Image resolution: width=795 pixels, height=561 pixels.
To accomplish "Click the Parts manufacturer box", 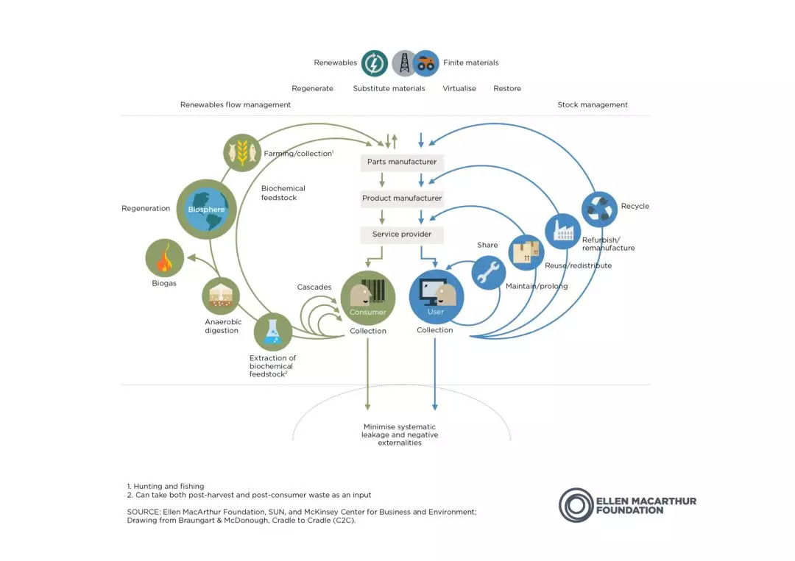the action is tap(402, 162).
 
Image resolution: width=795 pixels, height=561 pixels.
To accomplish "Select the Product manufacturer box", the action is tap(402, 198).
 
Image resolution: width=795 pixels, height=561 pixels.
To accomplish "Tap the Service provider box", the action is tap(402, 235).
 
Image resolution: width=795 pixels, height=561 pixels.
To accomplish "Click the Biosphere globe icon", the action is tap(206, 209).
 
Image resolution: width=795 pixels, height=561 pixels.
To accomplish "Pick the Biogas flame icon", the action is tap(165, 258).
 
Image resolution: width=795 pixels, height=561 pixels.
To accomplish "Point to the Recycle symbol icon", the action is tap(599, 209).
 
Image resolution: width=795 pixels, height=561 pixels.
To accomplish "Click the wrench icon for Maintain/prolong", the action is tap(488, 272).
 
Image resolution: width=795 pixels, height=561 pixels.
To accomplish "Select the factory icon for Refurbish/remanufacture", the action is tap(563, 232).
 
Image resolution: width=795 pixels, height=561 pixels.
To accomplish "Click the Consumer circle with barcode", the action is tap(367, 299).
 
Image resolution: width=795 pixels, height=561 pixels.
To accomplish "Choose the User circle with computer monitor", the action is tap(436, 297).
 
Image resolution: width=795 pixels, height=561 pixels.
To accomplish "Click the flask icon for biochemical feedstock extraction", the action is tap(273, 332).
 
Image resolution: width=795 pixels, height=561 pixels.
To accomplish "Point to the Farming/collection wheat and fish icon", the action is tap(242, 152).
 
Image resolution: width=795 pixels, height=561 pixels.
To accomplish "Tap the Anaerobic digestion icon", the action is tap(221, 296).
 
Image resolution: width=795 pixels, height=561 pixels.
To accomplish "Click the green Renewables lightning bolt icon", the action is tap(374, 63).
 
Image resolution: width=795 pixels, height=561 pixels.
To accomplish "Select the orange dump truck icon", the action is tap(426, 63).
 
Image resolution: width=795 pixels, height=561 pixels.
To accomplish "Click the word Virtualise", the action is tap(459, 88).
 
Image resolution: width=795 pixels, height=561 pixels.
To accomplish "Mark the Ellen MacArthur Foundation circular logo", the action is tap(576, 505).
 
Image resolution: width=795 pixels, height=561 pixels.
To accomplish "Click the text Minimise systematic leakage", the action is tap(400, 431).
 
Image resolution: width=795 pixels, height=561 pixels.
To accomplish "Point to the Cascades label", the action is tap(314, 287).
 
